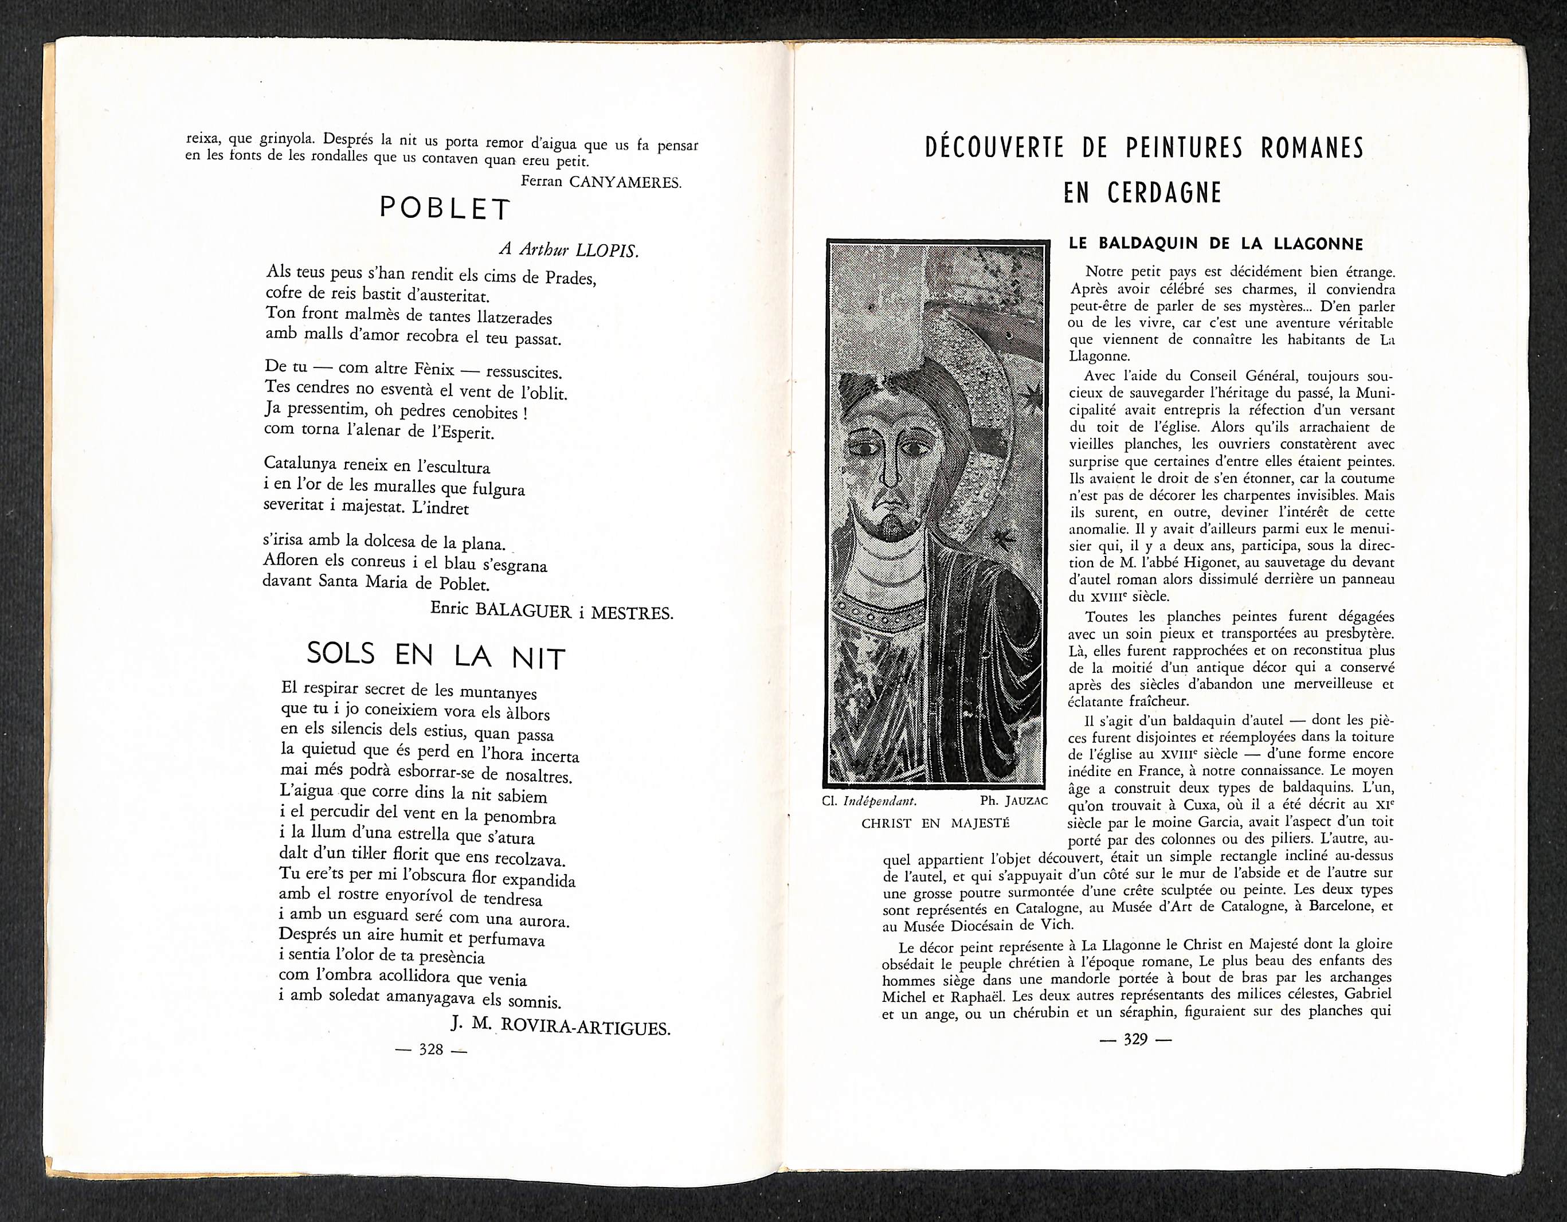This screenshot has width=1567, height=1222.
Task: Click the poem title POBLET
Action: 444,209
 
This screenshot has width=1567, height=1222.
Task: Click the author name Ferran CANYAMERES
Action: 601,182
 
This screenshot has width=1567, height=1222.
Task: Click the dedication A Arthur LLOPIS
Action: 568,250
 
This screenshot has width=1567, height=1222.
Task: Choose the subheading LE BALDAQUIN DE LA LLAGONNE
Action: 1216,243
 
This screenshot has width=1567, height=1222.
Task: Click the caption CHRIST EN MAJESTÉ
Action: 935,823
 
